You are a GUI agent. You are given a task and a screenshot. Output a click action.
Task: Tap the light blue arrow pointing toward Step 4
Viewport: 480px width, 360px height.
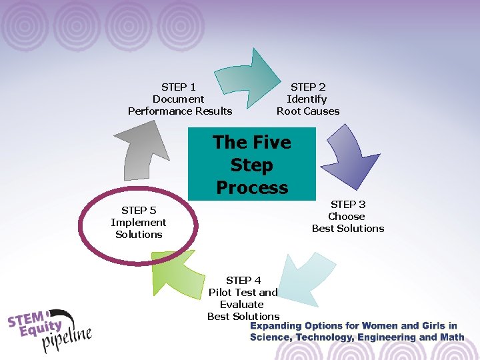303,280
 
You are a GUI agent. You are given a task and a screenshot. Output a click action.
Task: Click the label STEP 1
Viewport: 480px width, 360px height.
179,87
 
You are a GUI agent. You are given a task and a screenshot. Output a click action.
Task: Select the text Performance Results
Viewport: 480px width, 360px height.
180,111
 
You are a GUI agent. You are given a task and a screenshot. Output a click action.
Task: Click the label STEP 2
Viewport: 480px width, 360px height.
308,87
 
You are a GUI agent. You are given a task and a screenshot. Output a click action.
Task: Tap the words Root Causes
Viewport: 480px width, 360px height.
308,111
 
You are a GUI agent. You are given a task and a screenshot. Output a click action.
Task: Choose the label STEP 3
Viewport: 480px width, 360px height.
348,204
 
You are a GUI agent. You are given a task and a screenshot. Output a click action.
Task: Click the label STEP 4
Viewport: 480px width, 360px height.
243,280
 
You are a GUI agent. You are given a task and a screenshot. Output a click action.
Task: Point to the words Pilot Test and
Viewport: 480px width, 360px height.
243,292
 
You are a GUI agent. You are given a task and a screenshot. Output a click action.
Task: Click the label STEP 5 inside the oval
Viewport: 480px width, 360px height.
139,211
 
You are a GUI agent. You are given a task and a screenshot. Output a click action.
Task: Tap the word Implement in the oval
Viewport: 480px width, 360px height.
139,223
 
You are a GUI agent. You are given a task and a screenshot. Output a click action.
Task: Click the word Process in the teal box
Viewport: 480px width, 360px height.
252,187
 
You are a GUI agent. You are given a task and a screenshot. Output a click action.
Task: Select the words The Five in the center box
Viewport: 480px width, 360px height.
252,143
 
